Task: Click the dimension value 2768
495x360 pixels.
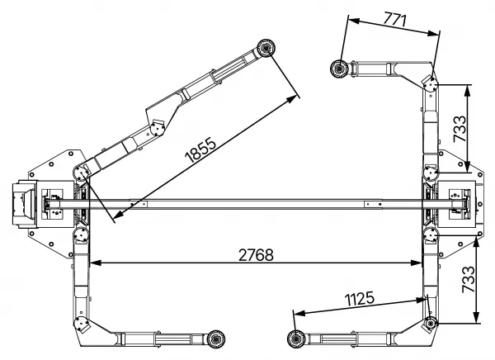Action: (256, 255)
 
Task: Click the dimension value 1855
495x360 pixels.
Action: (200, 149)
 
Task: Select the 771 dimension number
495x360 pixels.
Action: (394, 19)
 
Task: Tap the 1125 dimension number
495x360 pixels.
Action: (360, 299)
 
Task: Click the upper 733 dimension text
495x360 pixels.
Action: (460, 129)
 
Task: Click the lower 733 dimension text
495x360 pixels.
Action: (468, 279)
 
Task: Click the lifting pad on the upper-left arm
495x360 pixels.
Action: (266, 49)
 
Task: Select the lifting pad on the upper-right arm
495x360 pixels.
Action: (339, 69)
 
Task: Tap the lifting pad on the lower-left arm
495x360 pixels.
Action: (216, 339)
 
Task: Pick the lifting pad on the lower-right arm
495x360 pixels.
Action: (296, 339)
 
